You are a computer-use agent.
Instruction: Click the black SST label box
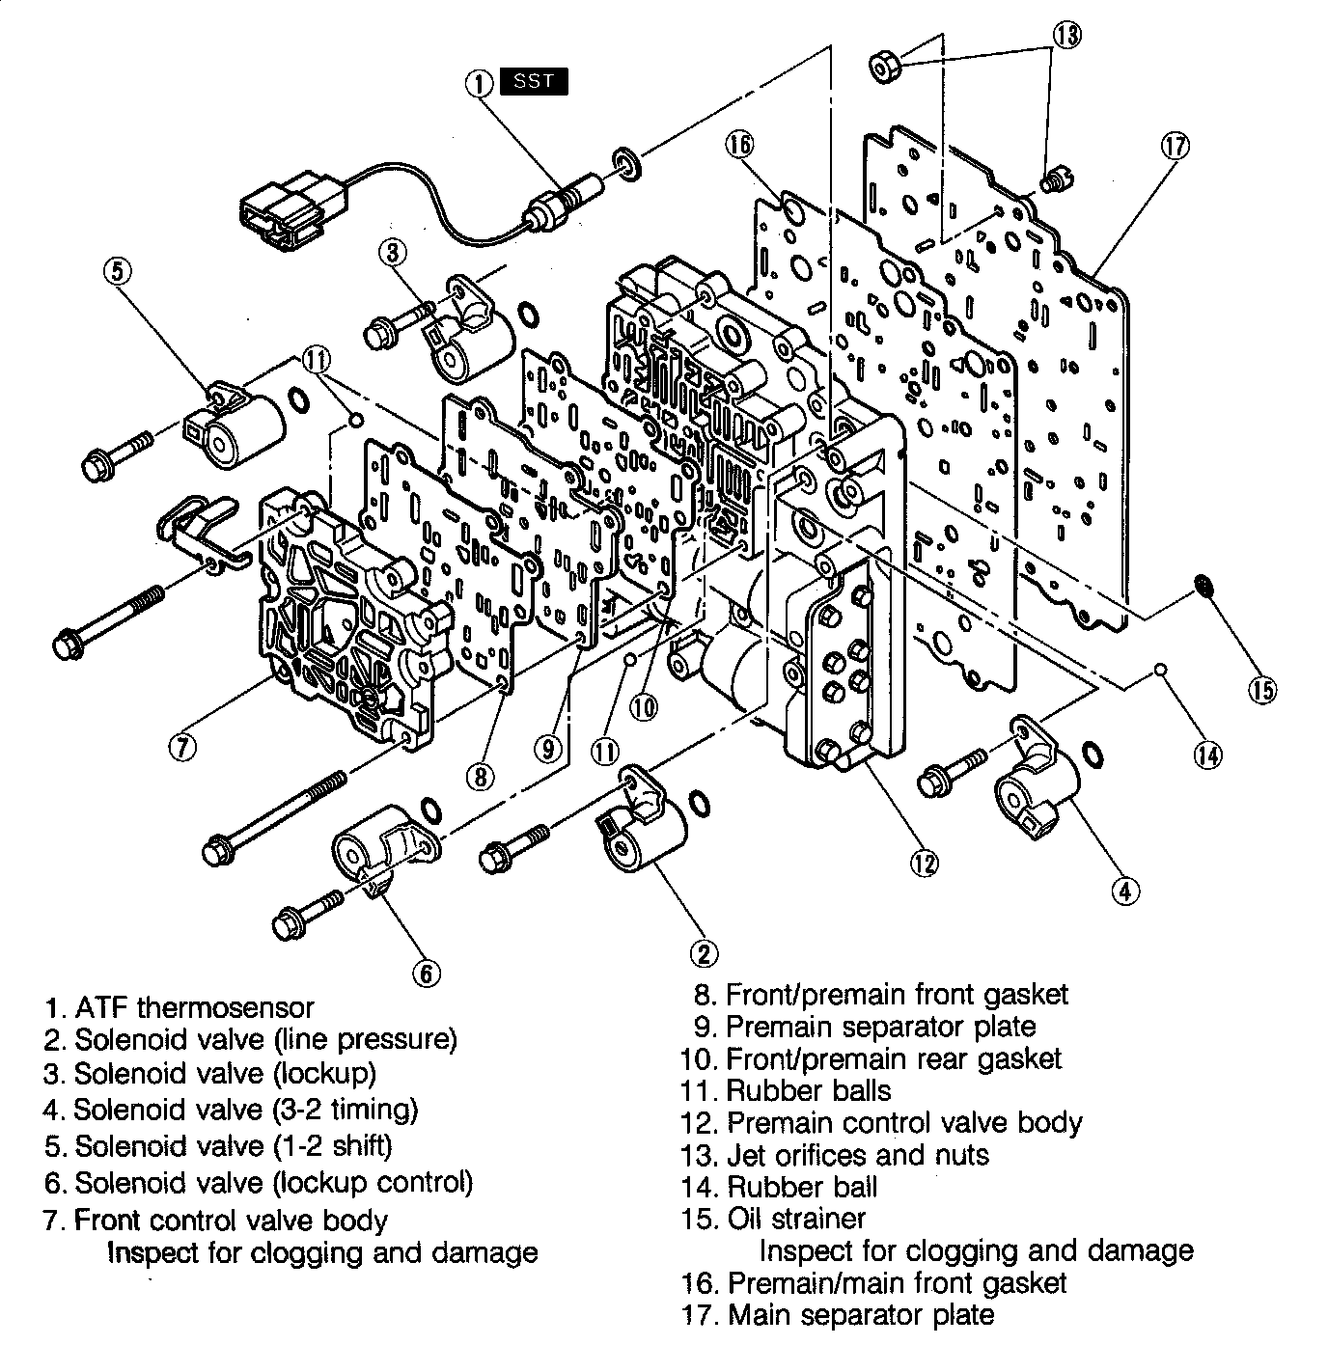534,82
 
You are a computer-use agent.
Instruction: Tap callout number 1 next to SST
480,83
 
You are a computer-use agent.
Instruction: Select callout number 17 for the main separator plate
1175,147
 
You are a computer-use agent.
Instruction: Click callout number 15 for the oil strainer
1262,690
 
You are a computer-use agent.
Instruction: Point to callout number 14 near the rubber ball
1206,755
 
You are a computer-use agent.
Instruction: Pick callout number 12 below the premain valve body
924,864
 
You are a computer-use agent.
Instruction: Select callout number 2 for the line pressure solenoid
704,953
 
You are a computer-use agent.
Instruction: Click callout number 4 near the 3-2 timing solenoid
1124,891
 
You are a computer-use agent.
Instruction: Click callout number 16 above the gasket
740,145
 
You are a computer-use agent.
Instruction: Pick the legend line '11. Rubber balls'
785,1091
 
